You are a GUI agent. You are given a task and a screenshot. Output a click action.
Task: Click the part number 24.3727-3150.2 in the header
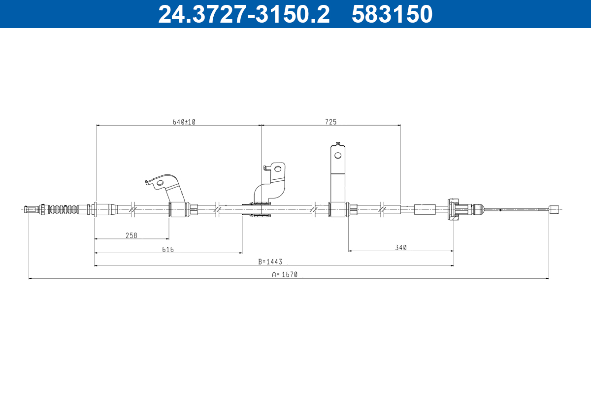(244, 14)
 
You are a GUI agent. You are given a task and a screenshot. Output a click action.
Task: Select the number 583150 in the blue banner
(392, 14)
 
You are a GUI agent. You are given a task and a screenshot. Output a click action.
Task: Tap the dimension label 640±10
(184, 122)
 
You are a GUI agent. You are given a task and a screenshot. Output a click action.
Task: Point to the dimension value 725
(331, 122)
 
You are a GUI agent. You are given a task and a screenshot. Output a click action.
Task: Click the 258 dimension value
(131, 235)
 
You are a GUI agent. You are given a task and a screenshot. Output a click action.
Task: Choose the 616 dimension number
(168, 250)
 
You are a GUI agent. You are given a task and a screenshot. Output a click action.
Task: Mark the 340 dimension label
(401, 248)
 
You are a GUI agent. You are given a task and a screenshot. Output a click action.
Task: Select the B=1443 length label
(270, 262)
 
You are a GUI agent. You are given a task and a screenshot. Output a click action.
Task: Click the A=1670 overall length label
(285, 275)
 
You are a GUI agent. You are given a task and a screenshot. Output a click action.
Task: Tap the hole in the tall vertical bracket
(338, 155)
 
